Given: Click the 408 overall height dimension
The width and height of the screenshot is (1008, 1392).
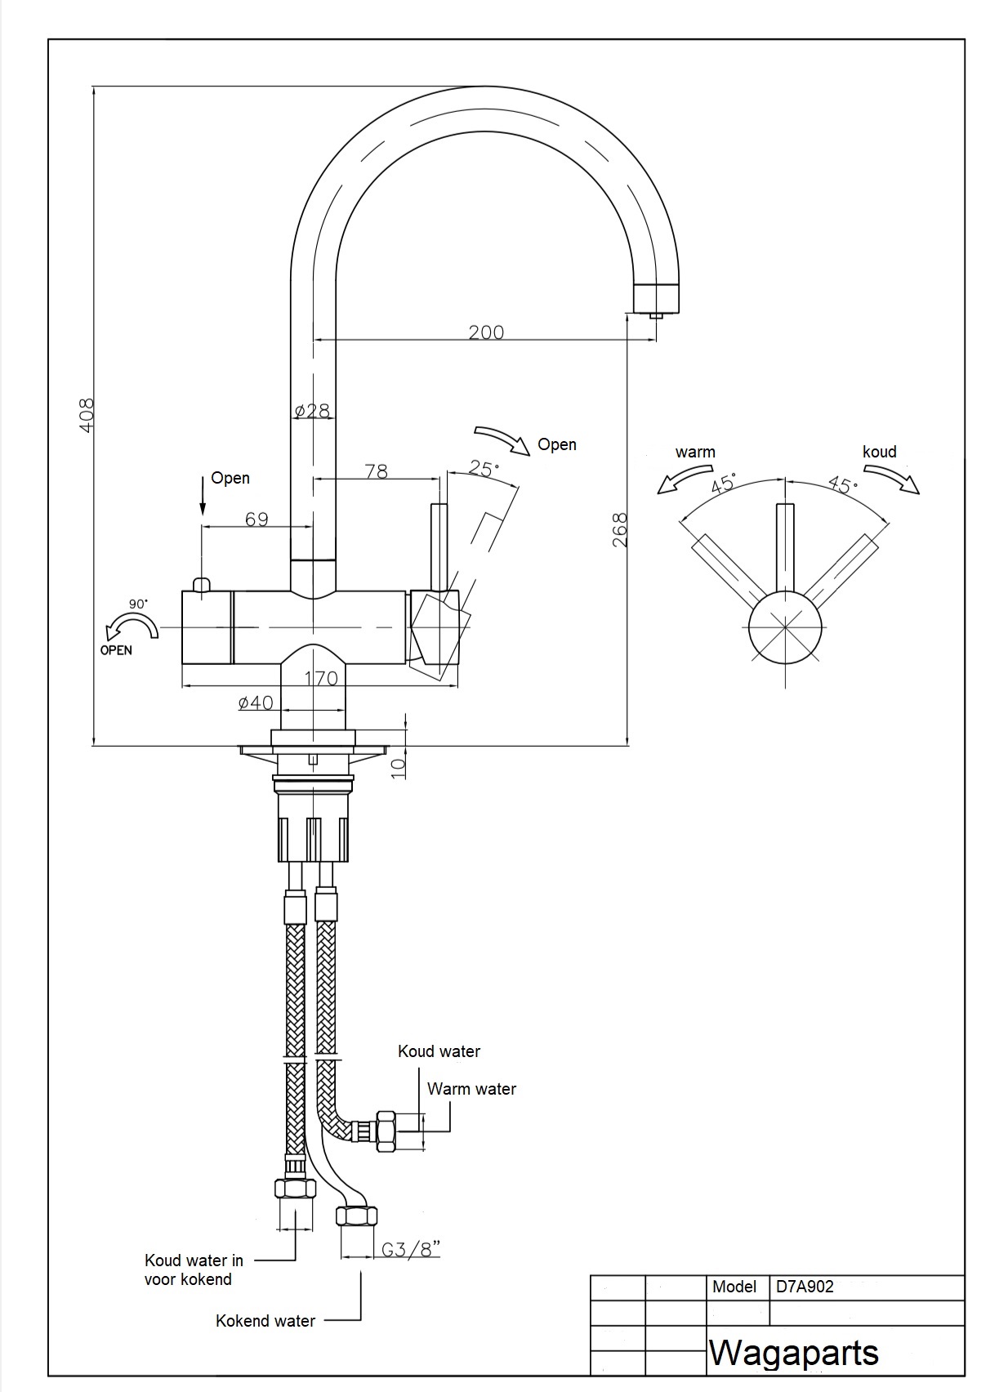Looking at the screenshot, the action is [87, 415].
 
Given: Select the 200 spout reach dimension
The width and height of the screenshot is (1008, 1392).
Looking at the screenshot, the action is [486, 332].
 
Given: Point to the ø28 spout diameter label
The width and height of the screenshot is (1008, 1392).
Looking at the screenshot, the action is [313, 411].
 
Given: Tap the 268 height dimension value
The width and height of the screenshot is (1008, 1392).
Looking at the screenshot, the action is [620, 529].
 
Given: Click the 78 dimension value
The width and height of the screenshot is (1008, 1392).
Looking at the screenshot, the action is [377, 471].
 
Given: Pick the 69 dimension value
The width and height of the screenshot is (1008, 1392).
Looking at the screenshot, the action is [256, 519].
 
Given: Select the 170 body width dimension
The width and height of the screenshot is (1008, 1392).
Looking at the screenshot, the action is [321, 678].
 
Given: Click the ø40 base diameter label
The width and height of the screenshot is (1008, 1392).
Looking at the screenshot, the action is [256, 703].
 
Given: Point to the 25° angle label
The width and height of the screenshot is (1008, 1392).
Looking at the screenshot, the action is [484, 468].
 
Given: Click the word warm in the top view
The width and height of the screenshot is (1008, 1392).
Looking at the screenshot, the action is [695, 452].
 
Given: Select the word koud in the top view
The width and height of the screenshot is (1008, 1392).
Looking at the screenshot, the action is [880, 451].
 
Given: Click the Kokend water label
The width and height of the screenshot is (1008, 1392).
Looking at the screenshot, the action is [265, 1321].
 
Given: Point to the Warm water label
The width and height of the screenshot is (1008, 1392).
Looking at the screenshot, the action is [471, 1089].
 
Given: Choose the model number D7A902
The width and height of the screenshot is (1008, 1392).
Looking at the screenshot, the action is [805, 1287].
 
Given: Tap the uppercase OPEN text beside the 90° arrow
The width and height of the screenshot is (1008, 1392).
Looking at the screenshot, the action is [116, 650].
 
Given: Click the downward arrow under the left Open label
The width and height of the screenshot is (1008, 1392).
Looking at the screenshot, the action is [203, 496].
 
